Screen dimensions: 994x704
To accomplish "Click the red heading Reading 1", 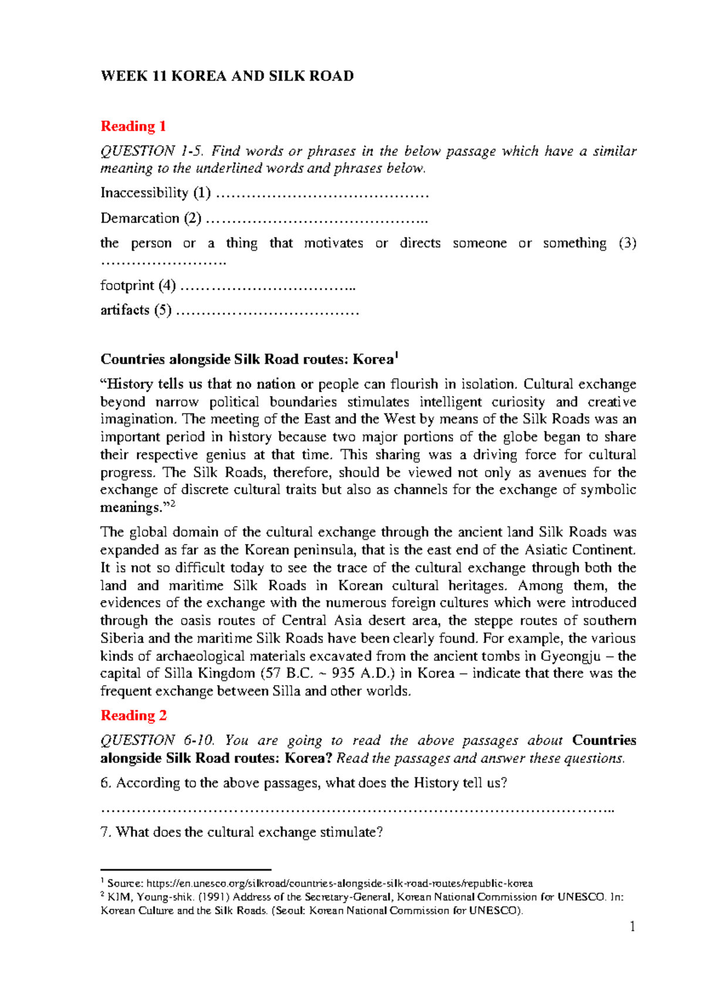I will coord(133,127).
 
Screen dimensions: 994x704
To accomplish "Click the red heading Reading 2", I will coord(133,716).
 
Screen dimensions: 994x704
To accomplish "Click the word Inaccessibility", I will coord(144,193).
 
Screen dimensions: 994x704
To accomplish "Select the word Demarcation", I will coord(140,219).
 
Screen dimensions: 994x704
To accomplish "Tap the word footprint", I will coord(127,285).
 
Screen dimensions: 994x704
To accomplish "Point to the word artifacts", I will coord(125,310).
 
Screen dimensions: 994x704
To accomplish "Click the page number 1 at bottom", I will coord(632,927).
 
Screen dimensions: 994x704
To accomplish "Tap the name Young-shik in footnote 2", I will coord(166,897).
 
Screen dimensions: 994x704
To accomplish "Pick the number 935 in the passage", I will coord(343,673).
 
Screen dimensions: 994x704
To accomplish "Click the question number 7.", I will coord(105,832).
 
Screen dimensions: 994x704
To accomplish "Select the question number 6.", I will coord(105,783).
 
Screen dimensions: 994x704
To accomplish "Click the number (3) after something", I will coord(627,243).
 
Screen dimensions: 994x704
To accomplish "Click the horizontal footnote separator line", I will coord(185,870).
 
